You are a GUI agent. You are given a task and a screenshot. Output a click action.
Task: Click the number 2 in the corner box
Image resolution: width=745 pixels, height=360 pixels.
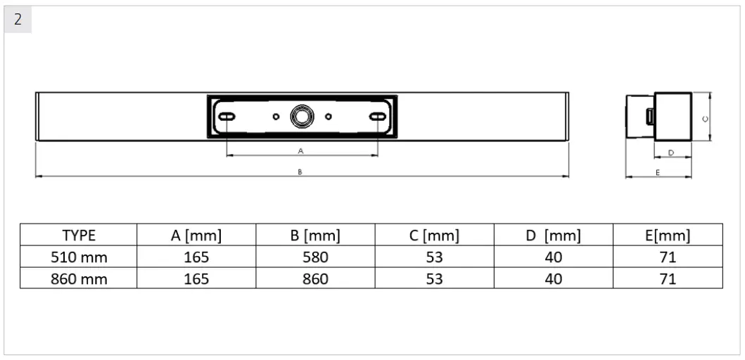pyautogui.click(x=18, y=20)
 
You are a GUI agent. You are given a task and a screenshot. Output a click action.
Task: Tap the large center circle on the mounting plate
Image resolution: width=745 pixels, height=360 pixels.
pyautogui.click(x=303, y=116)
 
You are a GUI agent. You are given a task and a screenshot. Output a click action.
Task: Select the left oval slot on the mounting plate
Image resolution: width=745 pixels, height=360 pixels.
pyautogui.click(x=227, y=116)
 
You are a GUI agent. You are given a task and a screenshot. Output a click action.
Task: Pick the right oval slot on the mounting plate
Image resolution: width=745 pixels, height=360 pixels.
pyautogui.click(x=378, y=116)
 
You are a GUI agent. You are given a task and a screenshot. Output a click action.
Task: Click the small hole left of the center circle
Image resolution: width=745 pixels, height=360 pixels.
pyautogui.click(x=276, y=116)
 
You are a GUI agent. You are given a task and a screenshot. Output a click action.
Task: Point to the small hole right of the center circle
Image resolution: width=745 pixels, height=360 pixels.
pyautogui.click(x=329, y=116)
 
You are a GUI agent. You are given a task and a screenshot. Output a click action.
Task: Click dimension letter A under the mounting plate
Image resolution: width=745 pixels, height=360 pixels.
pyautogui.click(x=300, y=151)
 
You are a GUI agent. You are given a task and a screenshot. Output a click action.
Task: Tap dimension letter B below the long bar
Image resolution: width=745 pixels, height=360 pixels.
pyautogui.click(x=300, y=172)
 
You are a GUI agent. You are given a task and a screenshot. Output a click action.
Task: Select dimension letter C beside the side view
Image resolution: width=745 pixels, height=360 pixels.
pyautogui.click(x=705, y=119)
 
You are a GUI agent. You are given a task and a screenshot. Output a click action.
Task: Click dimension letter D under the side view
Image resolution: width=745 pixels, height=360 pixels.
pyautogui.click(x=671, y=153)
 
